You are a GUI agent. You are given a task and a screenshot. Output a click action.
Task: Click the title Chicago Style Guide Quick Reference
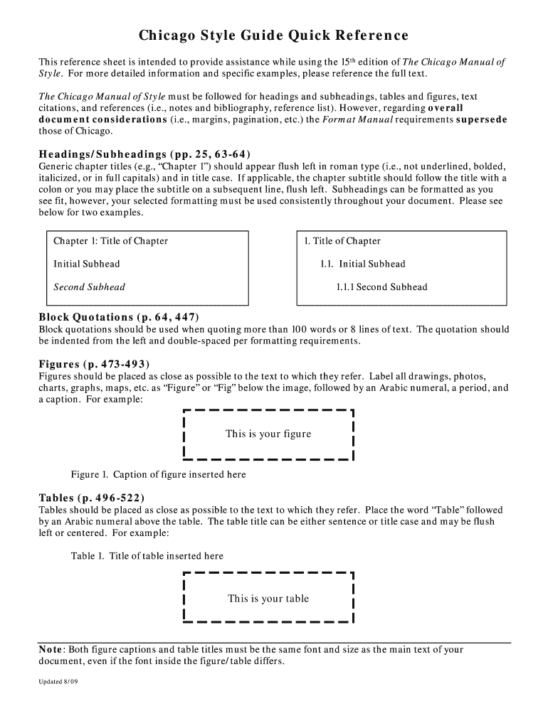click(273, 36)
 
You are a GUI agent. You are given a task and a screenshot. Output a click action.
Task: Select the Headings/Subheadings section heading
click(144, 154)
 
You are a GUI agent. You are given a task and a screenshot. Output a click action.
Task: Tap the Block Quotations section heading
click(119, 317)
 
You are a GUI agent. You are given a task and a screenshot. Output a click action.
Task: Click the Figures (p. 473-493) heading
click(94, 365)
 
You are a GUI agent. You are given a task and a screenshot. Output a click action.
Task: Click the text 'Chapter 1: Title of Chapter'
click(111, 241)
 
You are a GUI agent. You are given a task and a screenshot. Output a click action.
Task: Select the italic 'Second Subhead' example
click(89, 287)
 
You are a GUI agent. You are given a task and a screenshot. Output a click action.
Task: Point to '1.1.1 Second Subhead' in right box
click(381, 287)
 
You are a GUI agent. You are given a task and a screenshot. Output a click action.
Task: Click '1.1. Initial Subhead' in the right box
click(363, 264)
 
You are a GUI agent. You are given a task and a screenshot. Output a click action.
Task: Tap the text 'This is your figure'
click(268, 434)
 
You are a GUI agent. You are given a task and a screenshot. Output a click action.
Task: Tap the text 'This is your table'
click(268, 599)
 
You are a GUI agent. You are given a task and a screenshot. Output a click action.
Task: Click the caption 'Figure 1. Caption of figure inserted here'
click(159, 474)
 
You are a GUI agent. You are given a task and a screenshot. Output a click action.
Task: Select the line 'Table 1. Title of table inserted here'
click(147, 556)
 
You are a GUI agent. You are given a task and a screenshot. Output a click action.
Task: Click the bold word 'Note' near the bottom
click(51, 650)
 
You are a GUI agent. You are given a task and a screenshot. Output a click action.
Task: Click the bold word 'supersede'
click(481, 119)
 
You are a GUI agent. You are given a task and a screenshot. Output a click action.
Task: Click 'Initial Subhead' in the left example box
click(87, 264)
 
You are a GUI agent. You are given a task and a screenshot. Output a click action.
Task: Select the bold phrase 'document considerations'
click(102, 119)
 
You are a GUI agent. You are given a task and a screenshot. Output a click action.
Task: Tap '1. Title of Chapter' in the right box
click(342, 241)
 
